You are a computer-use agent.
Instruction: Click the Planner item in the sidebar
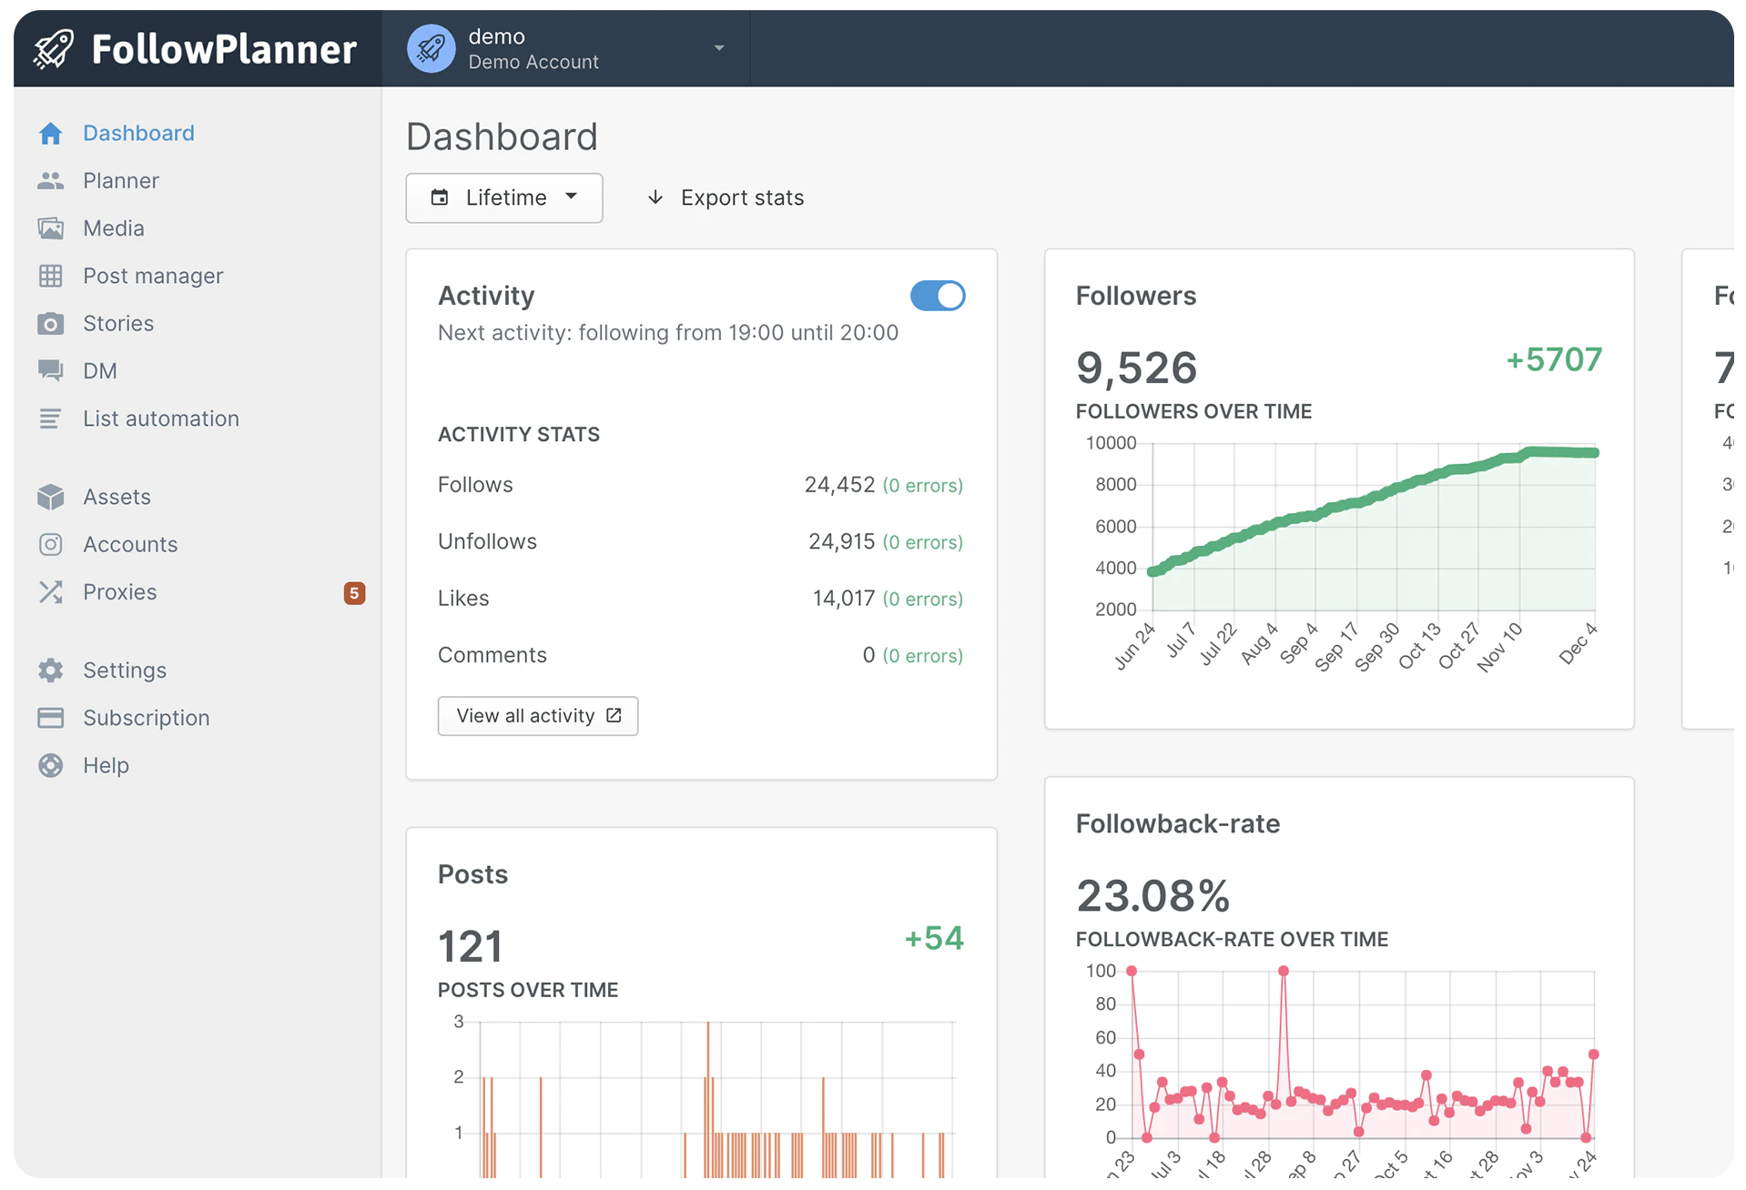(x=120, y=181)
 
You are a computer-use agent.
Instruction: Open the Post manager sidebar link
(x=152, y=276)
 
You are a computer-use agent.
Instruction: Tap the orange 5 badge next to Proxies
(x=354, y=593)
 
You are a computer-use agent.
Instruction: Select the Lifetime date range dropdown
(x=504, y=198)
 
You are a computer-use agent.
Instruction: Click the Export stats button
(x=726, y=198)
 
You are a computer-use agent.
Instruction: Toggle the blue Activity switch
(x=938, y=297)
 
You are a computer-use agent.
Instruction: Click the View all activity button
(x=537, y=716)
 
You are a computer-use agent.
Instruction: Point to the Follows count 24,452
(x=839, y=485)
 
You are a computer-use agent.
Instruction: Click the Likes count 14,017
(x=843, y=599)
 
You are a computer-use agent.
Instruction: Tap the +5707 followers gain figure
(x=1554, y=360)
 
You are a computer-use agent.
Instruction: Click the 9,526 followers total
(x=1136, y=368)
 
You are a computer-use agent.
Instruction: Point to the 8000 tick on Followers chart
(x=1115, y=485)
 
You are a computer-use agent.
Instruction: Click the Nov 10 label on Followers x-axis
(x=1499, y=647)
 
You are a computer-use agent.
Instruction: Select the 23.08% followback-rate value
(x=1152, y=896)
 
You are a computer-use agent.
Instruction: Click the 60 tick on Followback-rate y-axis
(x=1105, y=1038)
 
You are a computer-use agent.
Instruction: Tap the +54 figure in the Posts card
(x=934, y=939)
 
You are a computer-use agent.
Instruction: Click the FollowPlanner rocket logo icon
(x=54, y=49)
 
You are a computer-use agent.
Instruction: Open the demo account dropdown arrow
(x=719, y=48)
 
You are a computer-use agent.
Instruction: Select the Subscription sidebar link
(x=146, y=719)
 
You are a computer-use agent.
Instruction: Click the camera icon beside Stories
(x=51, y=324)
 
